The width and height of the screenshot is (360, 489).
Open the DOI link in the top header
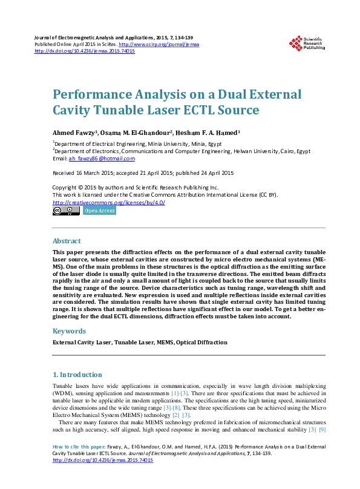pos(85,51)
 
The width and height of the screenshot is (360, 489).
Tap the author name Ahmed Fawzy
pos(71,132)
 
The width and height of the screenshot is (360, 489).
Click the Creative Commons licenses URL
pos(109,202)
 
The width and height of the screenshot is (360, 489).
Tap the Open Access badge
pos(99,211)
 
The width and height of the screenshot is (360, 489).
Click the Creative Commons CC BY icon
pos(66,211)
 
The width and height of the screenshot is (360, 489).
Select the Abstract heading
pos(67,241)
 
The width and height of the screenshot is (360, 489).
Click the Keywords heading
pos(69,331)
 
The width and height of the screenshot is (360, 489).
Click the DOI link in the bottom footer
pos(103,461)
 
